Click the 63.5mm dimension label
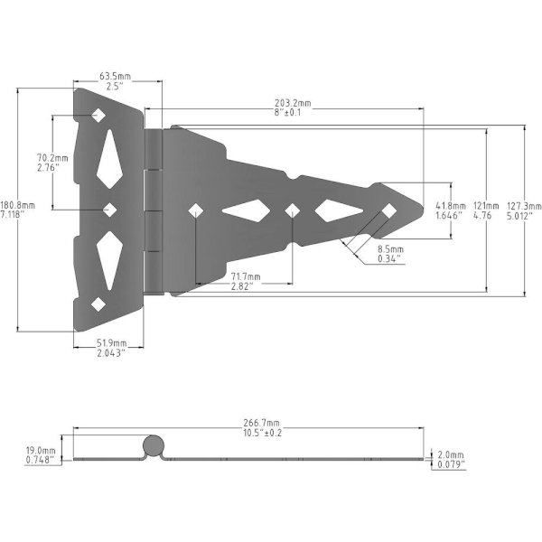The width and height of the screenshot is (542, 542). [115, 76]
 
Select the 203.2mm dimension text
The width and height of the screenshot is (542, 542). [293, 103]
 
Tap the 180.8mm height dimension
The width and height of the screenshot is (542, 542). [18, 205]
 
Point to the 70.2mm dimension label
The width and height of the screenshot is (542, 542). [52, 158]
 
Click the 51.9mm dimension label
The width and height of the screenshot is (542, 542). [111, 343]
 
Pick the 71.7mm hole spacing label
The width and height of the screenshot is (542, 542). [246, 277]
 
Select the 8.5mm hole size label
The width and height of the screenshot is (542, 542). [390, 249]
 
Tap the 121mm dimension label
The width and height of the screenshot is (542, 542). [486, 206]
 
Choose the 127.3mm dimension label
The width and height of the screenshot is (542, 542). [524, 206]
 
